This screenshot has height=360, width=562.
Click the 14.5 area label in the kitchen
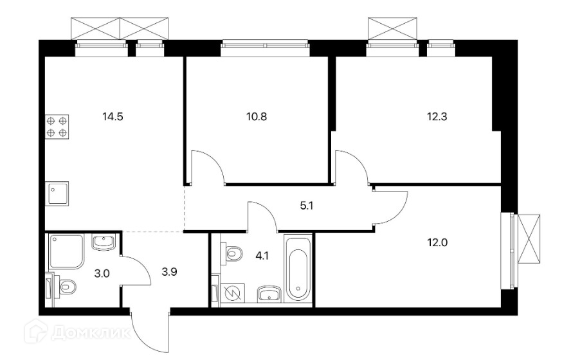(x=113, y=117)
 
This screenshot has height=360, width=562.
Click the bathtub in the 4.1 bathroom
(x=298, y=270)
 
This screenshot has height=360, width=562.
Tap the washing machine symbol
(x=231, y=292)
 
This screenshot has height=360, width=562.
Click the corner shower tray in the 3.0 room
(x=66, y=251)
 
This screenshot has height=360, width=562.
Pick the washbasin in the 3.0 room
(x=103, y=242)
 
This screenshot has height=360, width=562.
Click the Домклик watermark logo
(x=80, y=332)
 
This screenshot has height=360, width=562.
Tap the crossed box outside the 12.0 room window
(x=530, y=237)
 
